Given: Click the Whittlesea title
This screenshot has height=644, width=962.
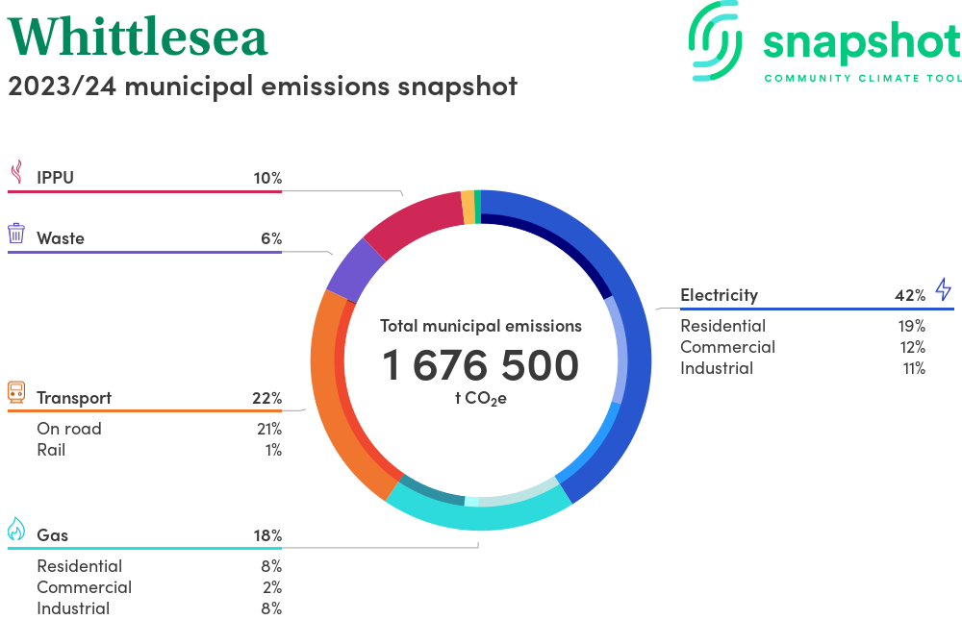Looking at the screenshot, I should [x=138, y=37].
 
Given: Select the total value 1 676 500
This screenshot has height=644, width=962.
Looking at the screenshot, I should [x=481, y=365].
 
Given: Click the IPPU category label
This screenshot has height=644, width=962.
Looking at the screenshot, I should [x=55, y=178].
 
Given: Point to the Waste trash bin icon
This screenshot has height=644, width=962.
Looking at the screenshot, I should [x=16, y=234].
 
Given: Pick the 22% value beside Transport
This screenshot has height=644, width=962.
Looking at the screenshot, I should [x=266, y=398].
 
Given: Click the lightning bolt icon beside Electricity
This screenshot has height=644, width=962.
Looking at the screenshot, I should [x=943, y=289].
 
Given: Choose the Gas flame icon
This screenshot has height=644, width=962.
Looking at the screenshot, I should [x=16, y=530].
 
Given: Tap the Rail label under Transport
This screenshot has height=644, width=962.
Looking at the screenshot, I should [x=51, y=450].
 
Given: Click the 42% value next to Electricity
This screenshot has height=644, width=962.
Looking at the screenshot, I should [x=909, y=295].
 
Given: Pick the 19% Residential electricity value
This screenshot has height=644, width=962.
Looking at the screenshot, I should [x=911, y=326].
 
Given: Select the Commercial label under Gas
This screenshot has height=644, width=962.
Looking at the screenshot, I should [x=84, y=587].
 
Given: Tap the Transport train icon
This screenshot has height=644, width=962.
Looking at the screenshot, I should [x=16, y=392].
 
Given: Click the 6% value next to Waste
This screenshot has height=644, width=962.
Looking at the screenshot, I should [x=270, y=238].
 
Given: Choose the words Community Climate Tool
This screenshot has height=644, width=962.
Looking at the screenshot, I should [x=862, y=78].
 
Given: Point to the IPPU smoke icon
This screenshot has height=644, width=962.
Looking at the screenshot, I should [x=16, y=172].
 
